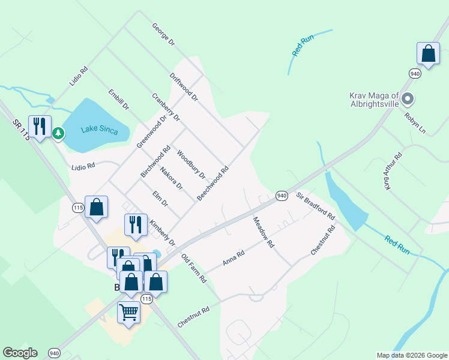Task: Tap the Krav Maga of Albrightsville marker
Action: [x=408, y=98]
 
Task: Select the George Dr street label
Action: [x=163, y=35]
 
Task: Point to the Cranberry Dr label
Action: [x=166, y=107]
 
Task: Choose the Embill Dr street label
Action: [x=119, y=100]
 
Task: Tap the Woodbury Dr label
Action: [x=191, y=165]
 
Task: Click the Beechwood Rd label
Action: [x=213, y=183]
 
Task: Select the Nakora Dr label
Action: [x=172, y=179]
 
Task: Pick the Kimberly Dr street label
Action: [x=162, y=232]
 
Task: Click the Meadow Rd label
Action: [x=263, y=232]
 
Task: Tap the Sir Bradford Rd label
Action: [x=315, y=205]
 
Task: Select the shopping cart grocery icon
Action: [x=128, y=312]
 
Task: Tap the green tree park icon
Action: [x=58, y=133]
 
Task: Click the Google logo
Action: [x=20, y=353]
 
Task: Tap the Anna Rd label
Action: [x=234, y=258]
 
